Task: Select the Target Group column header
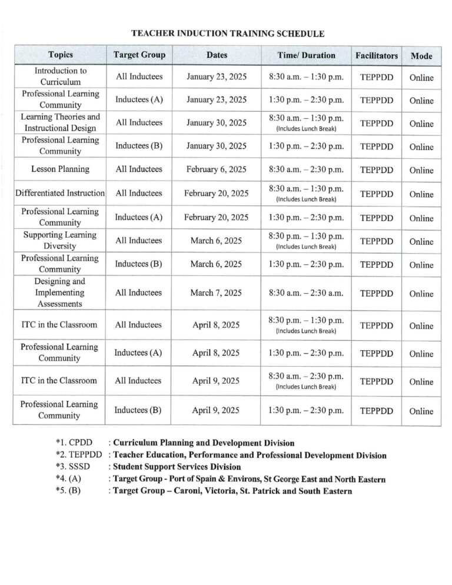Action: pyautogui.click(x=139, y=55)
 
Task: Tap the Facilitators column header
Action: pyautogui.click(x=376, y=56)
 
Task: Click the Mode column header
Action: pyautogui.click(x=421, y=56)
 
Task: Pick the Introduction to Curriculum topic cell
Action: pyautogui.click(x=61, y=77)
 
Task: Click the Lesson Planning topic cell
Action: pyautogui.click(x=61, y=169)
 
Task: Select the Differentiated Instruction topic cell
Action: pyautogui.click(x=61, y=193)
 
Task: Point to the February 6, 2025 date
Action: pyautogui.click(x=216, y=169)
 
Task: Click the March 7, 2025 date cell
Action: pyautogui.click(x=216, y=293)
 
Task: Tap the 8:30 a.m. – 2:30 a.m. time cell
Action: pyautogui.click(x=306, y=293)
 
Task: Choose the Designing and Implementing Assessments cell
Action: pyautogui.click(x=61, y=292)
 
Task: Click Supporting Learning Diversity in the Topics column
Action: pyautogui.click(x=61, y=240)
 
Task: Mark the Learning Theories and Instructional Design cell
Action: pyautogui.click(x=61, y=122)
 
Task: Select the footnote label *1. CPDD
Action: pyautogui.click(x=71, y=443)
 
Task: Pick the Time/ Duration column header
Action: pyautogui.click(x=306, y=55)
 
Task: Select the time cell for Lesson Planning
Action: pyautogui.click(x=306, y=169)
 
